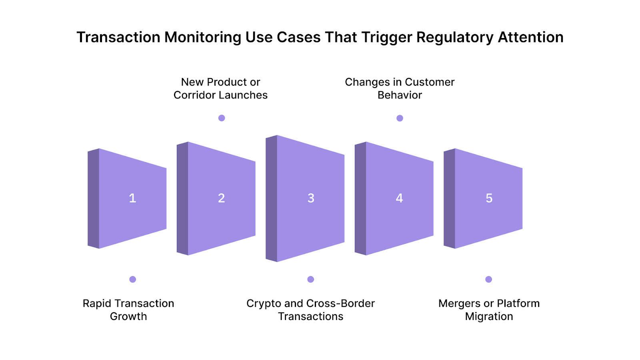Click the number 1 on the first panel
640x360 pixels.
tap(132, 198)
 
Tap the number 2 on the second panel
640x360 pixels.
tap(221, 198)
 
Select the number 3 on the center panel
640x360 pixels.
tap(311, 198)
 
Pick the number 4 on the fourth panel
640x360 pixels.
tap(399, 198)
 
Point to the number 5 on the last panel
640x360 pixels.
tap(489, 198)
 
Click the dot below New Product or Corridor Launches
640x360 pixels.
tap(222, 118)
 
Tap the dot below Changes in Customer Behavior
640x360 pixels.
tap(400, 118)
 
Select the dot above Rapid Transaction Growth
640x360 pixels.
tap(133, 279)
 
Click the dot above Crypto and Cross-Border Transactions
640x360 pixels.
tap(311, 279)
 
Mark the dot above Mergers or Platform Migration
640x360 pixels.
tap(488, 279)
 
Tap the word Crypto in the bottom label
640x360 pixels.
tap(264, 304)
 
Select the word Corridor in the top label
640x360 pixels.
tap(196, 95)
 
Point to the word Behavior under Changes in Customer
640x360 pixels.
tap(400, 95)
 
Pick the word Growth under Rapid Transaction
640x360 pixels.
tap(128, 316)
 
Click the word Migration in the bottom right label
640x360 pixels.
tap(489, 316)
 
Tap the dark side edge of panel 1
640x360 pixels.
tap(93, 198)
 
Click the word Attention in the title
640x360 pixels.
tap(530, 38)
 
